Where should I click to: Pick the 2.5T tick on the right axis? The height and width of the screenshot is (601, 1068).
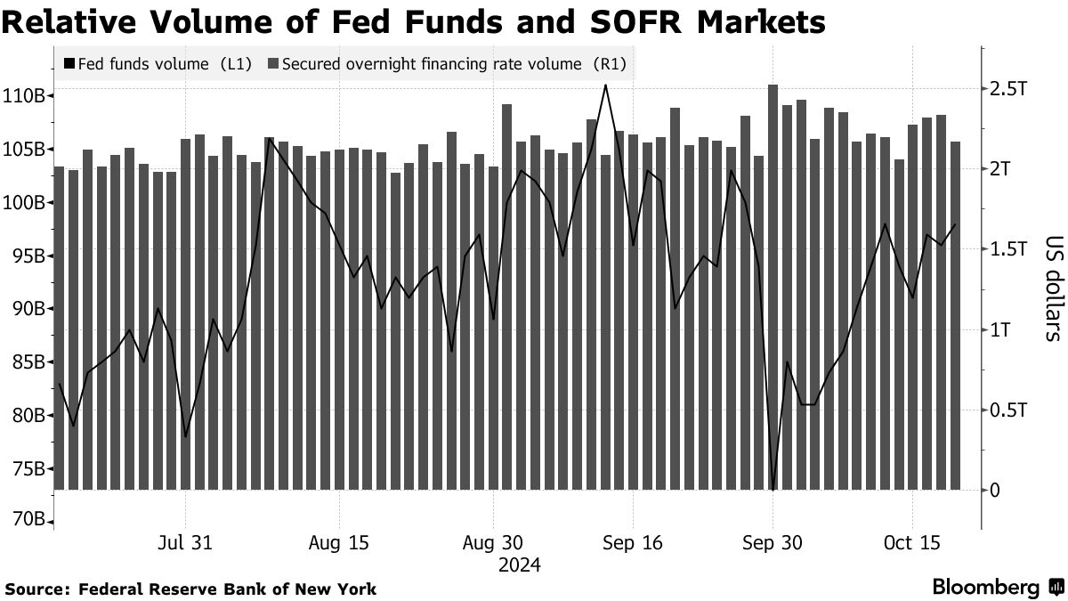(1009, 89)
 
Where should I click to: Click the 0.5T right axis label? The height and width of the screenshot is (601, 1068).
(1009, 410)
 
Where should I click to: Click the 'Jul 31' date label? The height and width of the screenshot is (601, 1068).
(186, 543)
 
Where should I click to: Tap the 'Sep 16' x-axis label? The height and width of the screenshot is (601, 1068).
(632, 543)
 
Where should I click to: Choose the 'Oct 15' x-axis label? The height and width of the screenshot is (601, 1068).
(912, 543)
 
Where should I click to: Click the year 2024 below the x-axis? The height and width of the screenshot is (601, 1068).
(520, 565)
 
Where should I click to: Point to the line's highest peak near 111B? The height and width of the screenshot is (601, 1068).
(605, 85)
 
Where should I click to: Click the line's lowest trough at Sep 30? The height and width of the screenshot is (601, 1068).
(773, 489)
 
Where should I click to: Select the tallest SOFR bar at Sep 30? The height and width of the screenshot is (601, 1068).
(773, 285)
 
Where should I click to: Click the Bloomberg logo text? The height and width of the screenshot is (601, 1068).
(985, 587)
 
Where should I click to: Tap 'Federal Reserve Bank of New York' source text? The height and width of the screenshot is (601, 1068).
(228, 589)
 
